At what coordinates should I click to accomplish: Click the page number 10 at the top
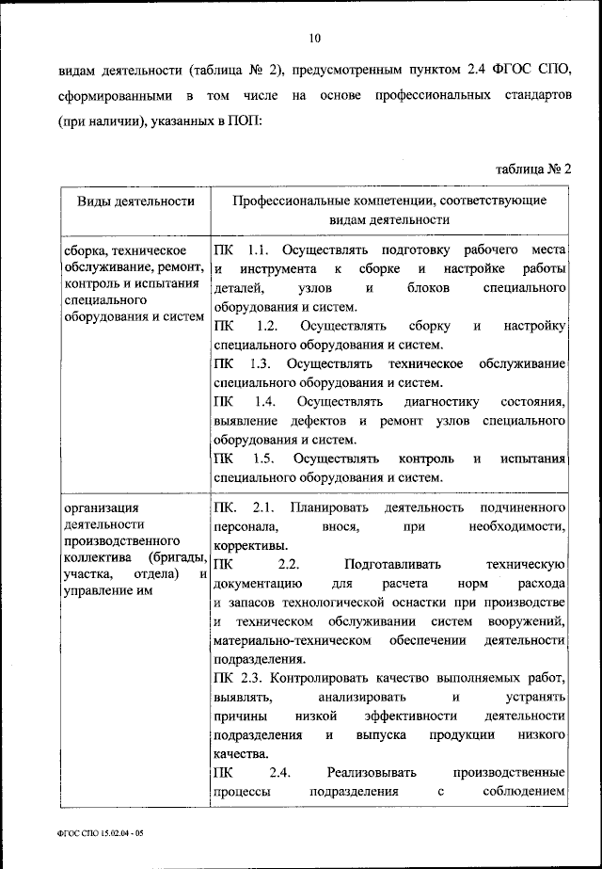(314, 38)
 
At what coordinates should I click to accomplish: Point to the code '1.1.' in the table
(259, 250)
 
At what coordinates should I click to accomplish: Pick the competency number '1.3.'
(262, 364)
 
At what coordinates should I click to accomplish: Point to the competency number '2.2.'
(288, 564)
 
